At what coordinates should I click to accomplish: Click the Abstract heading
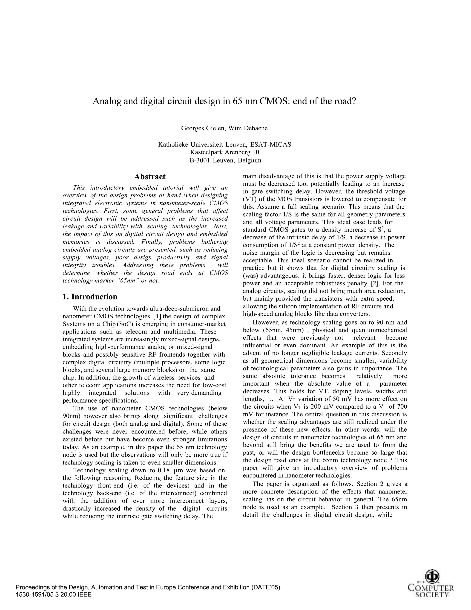pyautogui.click(x=150, y=177)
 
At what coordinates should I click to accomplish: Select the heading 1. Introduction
pyautogui.click(x=90, y=297)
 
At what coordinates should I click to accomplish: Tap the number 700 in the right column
pyautogui.click(x=402, y=406)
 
